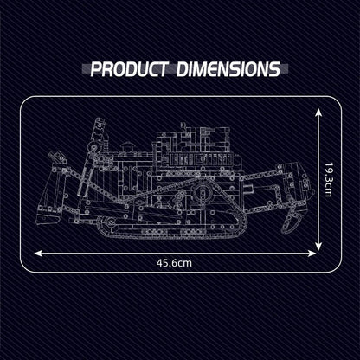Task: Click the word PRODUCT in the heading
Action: click(x=129, y=69)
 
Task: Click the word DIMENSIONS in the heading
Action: click(x=228, y=69)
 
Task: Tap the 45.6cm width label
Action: click(x=174, y=263)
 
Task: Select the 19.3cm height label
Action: click(x=329, y=180)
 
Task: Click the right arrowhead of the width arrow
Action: click(x=312, y=254)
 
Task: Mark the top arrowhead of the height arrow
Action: click(x=318, y=112)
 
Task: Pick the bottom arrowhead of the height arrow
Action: click(x=318, y=246)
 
